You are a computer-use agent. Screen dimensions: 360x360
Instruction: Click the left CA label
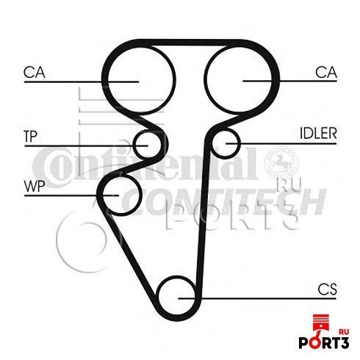(x=35, y=73)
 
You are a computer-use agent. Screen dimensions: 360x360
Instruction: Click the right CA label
(x=326, y=72)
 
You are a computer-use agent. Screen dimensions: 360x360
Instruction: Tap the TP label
(x=31, y=137)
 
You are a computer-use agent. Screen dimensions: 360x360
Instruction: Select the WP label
(x=35, y=187)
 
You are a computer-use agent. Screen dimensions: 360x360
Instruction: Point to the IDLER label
(x=318, y=134)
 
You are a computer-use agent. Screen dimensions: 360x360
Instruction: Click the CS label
(x=328, y=289)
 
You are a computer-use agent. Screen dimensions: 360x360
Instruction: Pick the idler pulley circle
(x=212, y=145)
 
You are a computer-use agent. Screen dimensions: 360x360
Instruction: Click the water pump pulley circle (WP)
(x=140, y=195)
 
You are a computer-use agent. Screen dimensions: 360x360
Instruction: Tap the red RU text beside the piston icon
(x=344, y=332)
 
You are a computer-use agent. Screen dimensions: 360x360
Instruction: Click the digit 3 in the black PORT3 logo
(x=344, y=343)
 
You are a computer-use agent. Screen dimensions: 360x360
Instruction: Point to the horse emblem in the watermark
(x=281, y=163)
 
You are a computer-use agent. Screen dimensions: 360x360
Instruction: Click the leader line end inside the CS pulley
(x=179, y=298)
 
